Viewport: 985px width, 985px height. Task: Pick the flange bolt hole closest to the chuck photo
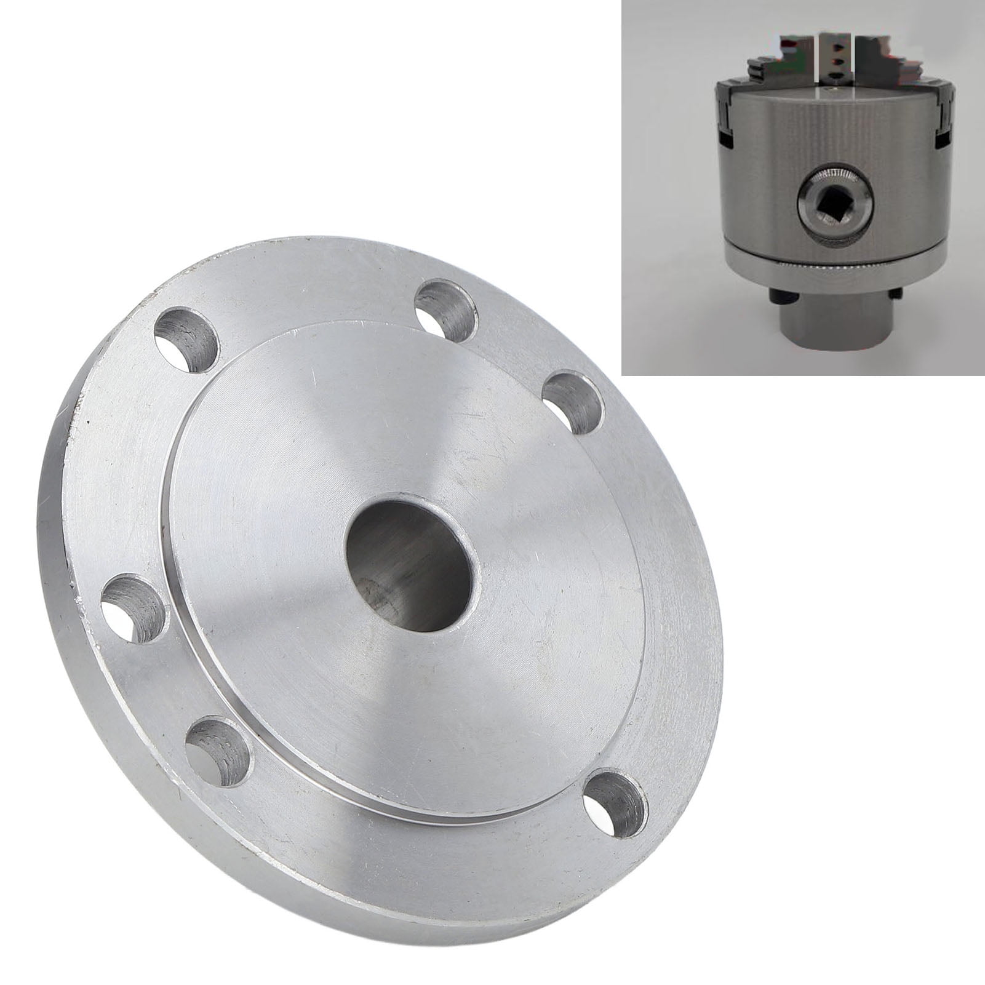pyautogui.click(x=573, y=401)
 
